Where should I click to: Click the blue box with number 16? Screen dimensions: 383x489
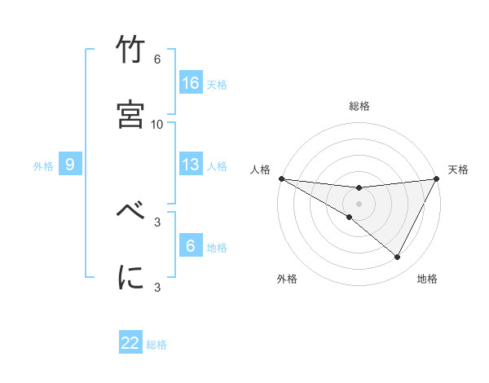(191, 83)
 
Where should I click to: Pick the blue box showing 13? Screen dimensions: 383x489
(191, 165)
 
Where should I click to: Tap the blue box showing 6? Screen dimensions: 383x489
(191, 246)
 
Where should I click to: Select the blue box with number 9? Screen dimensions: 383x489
(70, 165)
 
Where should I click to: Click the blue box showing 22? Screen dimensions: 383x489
(130, 343)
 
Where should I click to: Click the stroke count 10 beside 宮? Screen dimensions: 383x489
(157, 124)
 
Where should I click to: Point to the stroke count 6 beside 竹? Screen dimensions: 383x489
(157, 59)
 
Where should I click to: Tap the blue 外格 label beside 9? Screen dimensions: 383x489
(43, 165)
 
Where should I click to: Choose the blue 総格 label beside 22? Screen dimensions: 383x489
(156, 344)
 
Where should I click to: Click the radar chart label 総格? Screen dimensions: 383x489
(359, 106)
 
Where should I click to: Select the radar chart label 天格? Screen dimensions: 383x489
(458, 169)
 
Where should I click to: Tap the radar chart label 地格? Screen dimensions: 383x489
(427, 279)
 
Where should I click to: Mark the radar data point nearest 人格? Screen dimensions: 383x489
(281, 178)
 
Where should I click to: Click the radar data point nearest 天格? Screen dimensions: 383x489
(438, 178)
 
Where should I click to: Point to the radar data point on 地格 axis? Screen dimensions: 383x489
(398, 258)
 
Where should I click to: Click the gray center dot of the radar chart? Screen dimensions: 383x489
(359, 204)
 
